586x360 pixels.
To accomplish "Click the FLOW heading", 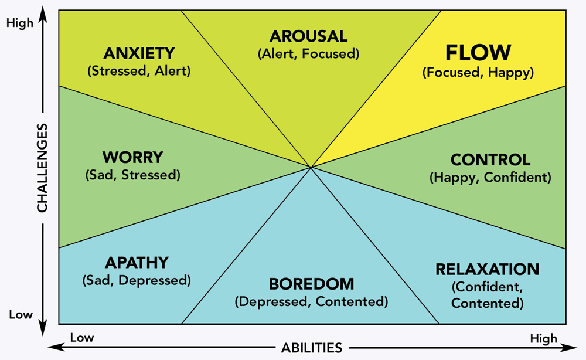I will point(478,53).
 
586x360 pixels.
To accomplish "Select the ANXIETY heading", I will point(139,53).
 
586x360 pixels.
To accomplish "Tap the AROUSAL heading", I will point(308,36).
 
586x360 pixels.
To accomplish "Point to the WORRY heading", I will point(132,158).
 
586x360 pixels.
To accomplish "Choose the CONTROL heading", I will point(490,159).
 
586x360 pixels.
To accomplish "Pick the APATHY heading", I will point(137,262).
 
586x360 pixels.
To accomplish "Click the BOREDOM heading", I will point(312,284).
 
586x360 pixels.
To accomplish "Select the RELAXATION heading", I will point(487,269).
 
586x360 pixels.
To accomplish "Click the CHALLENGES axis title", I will point(43,168).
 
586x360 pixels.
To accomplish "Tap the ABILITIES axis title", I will point(311,347).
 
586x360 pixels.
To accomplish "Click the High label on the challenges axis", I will point(21,23).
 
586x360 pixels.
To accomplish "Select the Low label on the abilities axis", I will point(81,338).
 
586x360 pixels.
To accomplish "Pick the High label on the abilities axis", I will point(543,338).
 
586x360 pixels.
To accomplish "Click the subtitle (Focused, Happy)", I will point(478,73).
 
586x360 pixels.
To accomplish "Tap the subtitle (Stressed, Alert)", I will point(139,72).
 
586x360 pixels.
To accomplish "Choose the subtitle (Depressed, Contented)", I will point(312,303).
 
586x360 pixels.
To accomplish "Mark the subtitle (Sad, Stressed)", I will point(132,175).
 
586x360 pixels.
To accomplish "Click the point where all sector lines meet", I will point(311,168).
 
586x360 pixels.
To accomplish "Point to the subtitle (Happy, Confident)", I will point(490,176).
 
